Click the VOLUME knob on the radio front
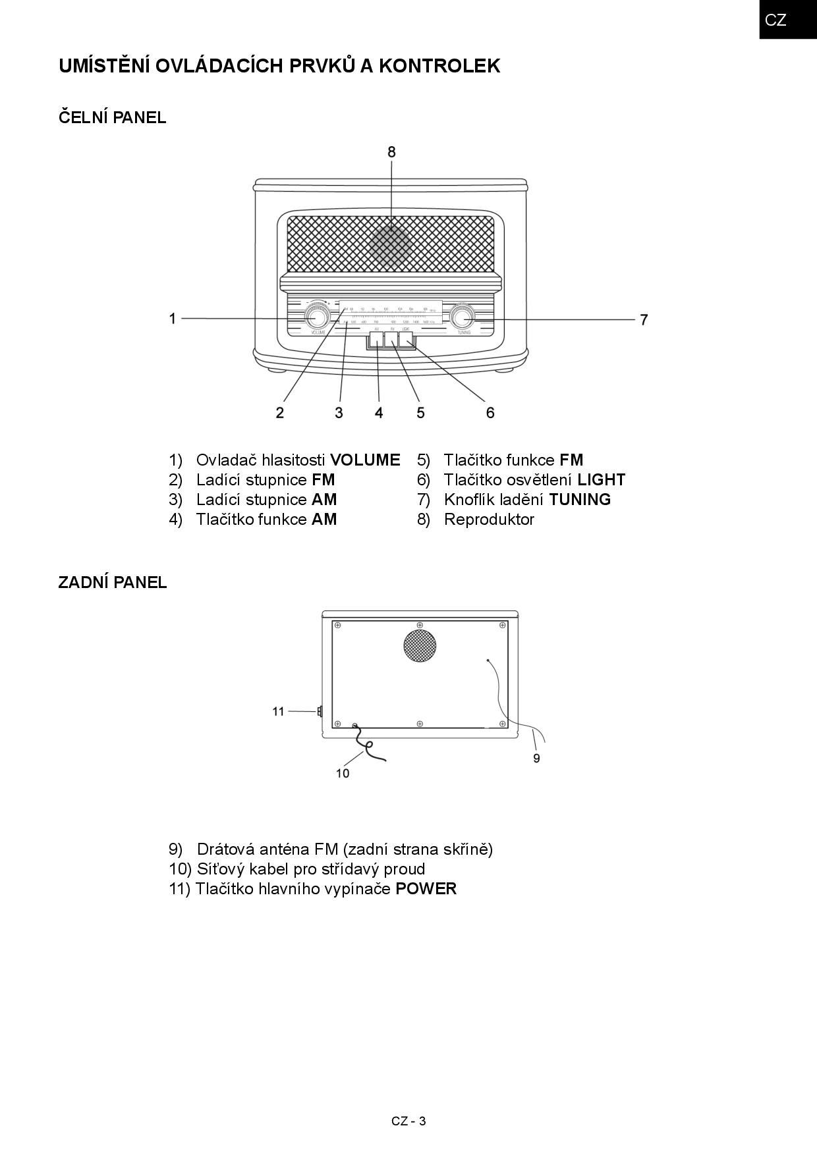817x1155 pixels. (x=317, y=318)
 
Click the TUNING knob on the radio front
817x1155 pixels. (x=462, y=317)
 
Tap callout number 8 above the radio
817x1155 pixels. (x=391, y=152)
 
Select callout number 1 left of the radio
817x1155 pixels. (x=173, y=319)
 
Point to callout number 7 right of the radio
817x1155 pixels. (x=644, y=320)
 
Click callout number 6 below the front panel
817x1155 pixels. (x=490, y=413)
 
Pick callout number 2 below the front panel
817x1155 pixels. (x=280, y=413)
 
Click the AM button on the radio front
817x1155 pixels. (x=376, y=340)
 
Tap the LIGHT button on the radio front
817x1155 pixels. (x=406, y=340)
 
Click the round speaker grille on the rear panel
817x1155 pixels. (x=420, y=646)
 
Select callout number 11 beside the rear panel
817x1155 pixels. (x=278, y=711)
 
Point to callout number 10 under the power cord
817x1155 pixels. (x=343, y=773)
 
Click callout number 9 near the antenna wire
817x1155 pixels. (x=536, y=759)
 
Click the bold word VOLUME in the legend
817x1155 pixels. (x=365, y=460)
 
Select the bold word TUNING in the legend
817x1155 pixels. (x=580, y=500)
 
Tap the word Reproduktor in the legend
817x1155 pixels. (x=489, y=520)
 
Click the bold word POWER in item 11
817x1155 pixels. (x=426, y=889)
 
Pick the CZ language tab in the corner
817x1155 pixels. (x=776, y=20)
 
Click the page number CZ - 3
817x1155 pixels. (x=408, y=1121)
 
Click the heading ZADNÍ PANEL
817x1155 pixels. (x=113, y=583)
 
